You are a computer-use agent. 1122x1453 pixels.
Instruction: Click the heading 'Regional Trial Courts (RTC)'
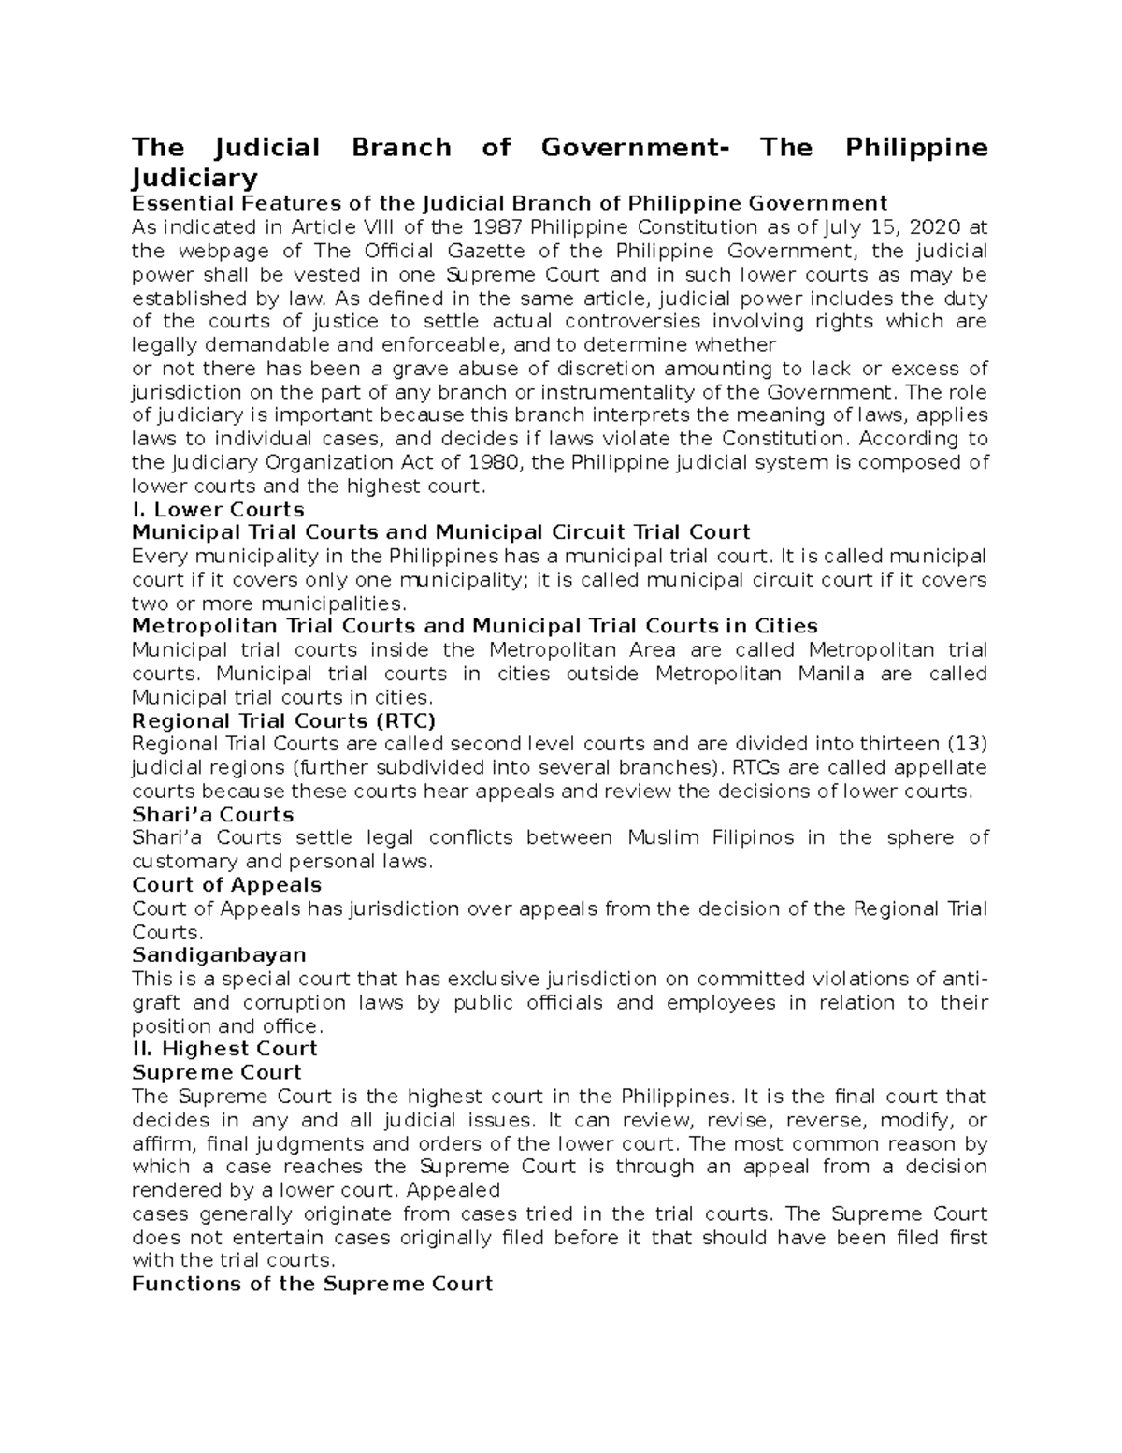(x=283, y=720)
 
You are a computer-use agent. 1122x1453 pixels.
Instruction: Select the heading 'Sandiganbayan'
(x=219, y=955)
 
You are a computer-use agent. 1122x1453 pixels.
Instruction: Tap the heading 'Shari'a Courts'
(x=212, y=814)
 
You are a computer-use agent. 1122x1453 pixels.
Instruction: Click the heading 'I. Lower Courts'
(x=218, y=510)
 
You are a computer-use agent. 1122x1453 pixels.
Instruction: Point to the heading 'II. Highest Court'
(x=224, y=1049)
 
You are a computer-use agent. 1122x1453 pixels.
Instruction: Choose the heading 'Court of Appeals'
(x=226, y=885)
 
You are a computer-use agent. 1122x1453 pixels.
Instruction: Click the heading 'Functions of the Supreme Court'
(x=311, y=1284)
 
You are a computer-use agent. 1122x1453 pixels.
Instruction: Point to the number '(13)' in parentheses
(x=968, y=744)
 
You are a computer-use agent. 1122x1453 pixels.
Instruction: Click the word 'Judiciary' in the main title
(x=194, y=178)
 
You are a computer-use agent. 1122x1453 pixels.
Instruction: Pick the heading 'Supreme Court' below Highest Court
(x=217, y=1072)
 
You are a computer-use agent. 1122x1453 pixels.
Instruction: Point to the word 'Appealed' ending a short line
(x=454, y=1191)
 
